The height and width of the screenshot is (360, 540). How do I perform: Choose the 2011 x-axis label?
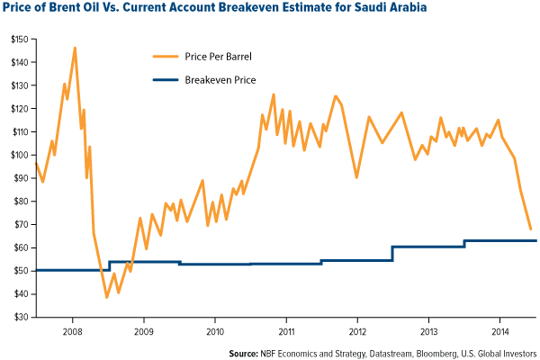point(285,330)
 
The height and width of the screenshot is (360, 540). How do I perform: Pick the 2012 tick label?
point(357,330)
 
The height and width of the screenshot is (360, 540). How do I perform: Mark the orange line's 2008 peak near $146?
point(75,48)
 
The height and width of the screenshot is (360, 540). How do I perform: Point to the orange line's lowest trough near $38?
point(106,297)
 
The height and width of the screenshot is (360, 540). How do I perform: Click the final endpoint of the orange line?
point(530,229)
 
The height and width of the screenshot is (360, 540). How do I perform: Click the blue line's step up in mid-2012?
point(392,253)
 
